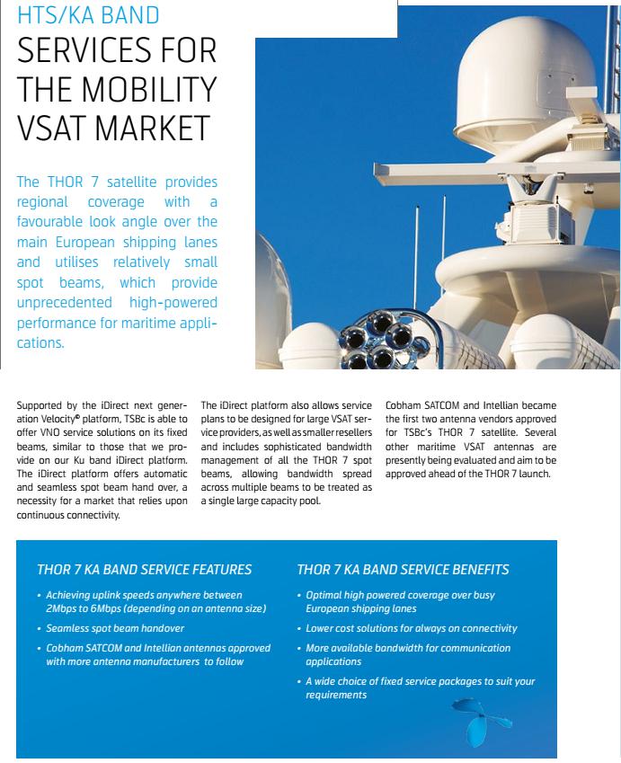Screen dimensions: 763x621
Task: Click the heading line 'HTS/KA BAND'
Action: (88, 15)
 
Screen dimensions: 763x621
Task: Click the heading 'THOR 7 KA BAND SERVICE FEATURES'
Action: (144, 570)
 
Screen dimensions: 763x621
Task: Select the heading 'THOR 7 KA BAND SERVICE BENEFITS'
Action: (403, 570)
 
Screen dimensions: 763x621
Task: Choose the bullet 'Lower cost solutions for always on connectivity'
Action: (412, 628)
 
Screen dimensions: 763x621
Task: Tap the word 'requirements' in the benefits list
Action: (336, 695)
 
